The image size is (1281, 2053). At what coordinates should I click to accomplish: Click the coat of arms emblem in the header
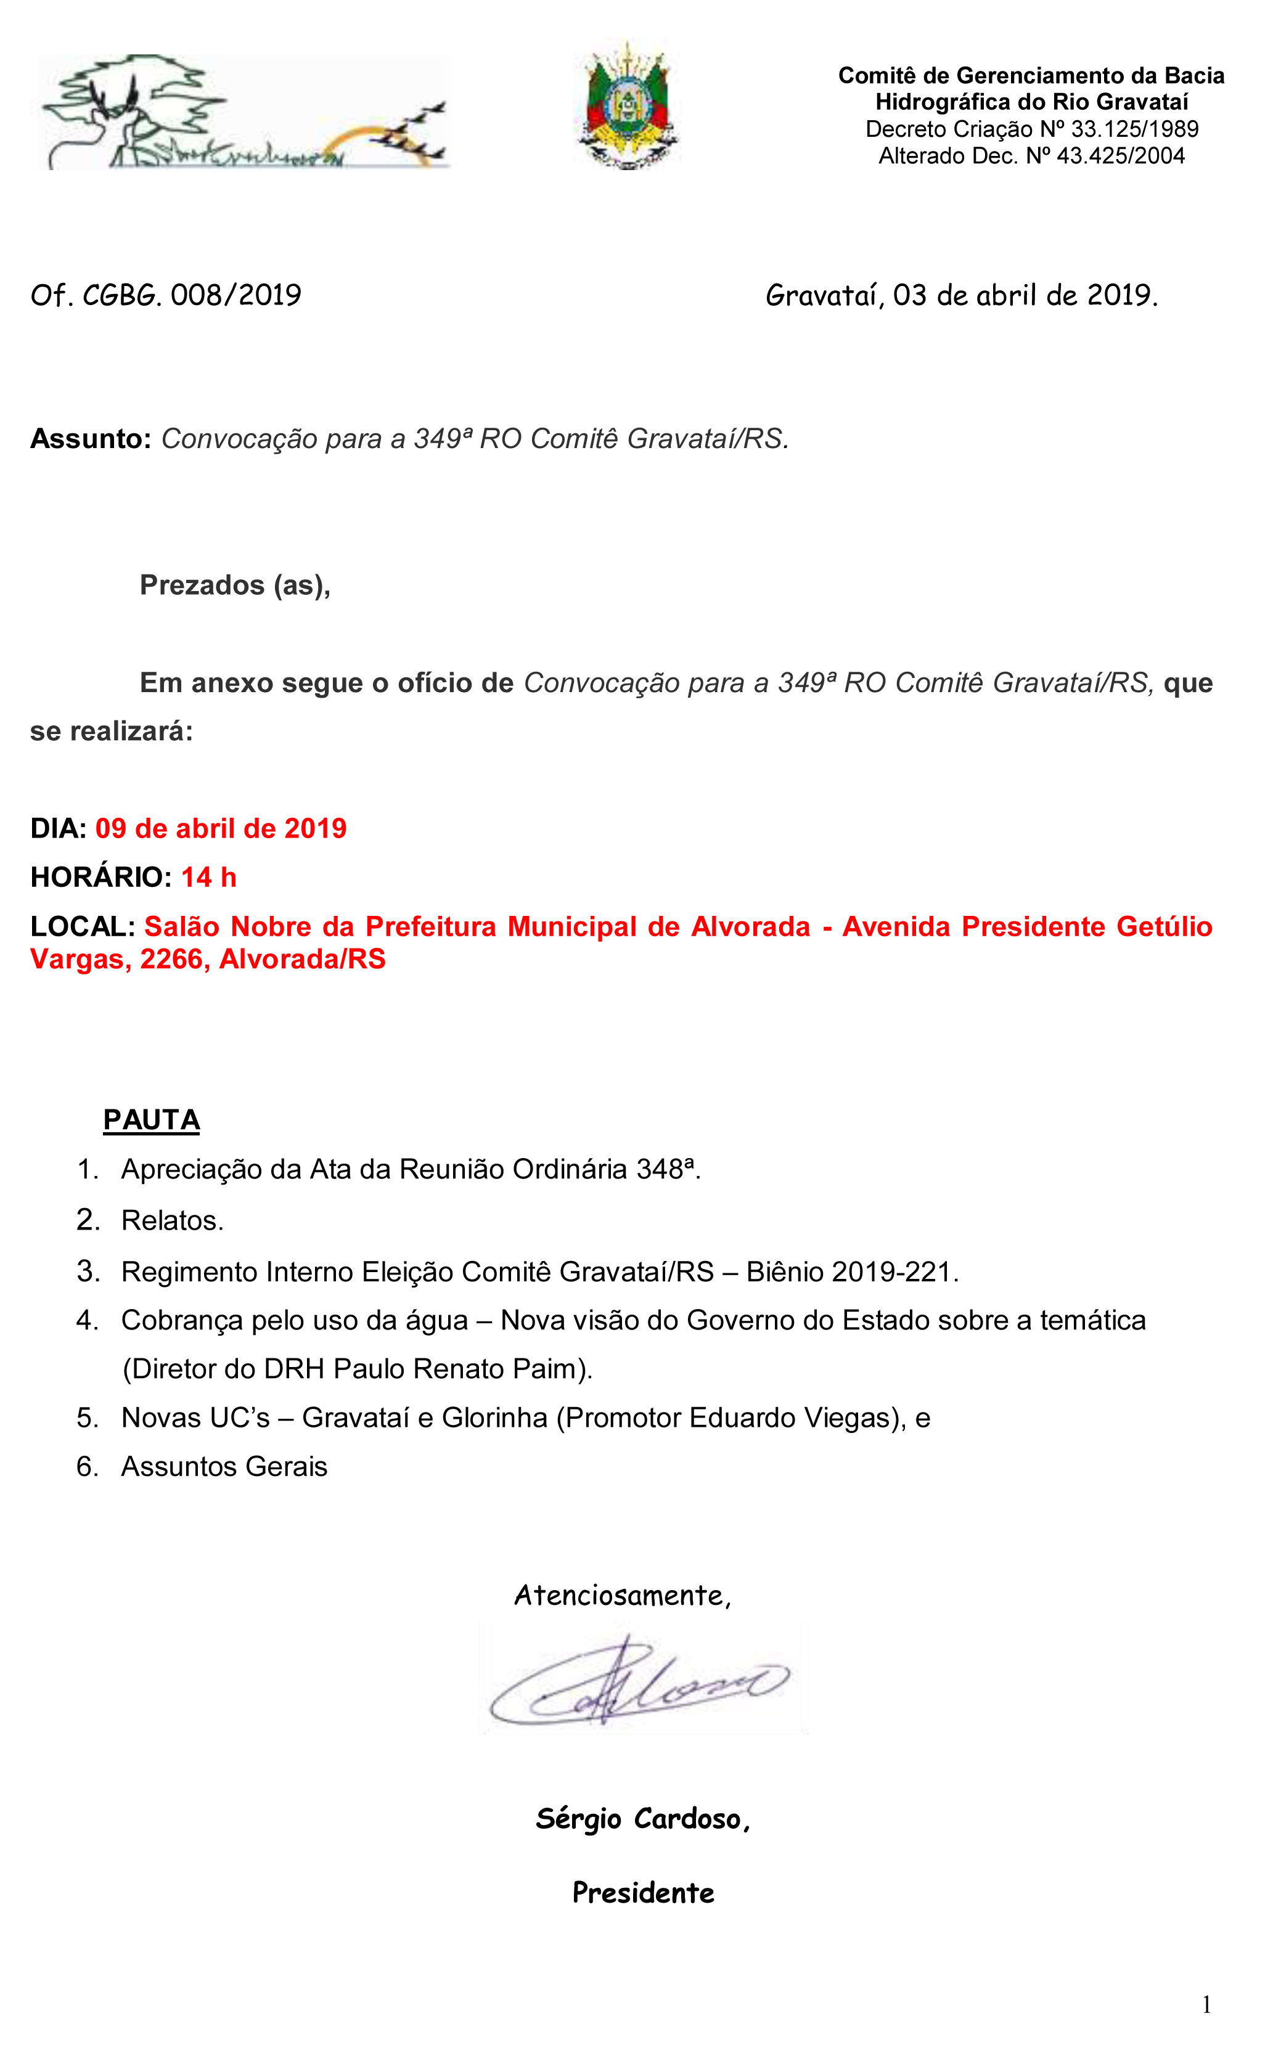(x=628, y=107)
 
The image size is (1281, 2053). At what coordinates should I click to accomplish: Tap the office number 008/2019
(x=235, y=296)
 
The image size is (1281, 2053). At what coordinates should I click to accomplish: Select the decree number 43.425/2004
(x=1120, y=156)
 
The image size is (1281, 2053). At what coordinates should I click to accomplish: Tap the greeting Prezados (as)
(x=235, y=586)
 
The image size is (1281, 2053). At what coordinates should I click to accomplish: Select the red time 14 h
(x=208, y=878)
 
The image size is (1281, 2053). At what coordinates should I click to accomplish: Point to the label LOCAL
(x=82, y=926)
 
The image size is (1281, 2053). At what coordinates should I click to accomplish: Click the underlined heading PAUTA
(x=151, y=1120)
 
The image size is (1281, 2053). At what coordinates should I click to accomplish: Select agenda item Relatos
(x=172, y=1220)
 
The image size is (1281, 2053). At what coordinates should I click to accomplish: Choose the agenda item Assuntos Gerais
(x=224, y=1467)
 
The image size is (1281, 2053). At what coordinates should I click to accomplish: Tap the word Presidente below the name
(x=643, y=1893)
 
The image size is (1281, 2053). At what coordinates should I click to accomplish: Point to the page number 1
(x=1206, y=2005)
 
